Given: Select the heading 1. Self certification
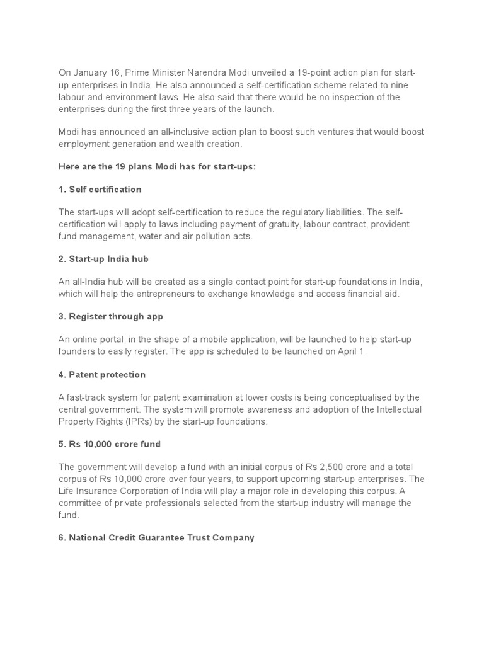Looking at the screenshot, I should point(100,189).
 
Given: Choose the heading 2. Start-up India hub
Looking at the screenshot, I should point(103,259).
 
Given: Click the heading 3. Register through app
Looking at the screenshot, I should point(110,316).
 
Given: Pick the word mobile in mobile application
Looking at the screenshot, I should point(207,340).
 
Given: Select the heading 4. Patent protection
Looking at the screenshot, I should point(102,374).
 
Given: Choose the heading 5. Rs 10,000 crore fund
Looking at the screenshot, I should point(110,444).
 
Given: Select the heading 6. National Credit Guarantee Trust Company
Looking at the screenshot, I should point(156,537).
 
